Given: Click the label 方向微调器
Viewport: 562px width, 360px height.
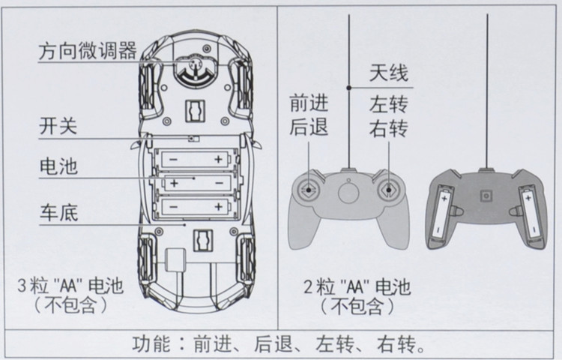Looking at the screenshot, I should pyautogui.click(x=88, y=52).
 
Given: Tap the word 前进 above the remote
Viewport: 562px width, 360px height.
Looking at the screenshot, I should pyautogui.click(x=309, y=103).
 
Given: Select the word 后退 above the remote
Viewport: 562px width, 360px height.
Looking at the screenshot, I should pyautogui.click(x=309, y=127).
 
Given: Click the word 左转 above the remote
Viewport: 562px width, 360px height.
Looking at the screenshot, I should pyautogui.click(x=387, y=103).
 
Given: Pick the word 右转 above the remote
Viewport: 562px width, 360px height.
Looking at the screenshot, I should pyautogui.click(x=387, y=128).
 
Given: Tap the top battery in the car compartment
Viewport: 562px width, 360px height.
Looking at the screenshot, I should pyautogui.click(x=194, y=159).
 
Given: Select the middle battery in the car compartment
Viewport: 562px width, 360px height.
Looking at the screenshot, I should pyautogui.click(x=194, y=182).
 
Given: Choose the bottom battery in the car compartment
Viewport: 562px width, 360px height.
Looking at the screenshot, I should pyautogui.click(x=194, y=205).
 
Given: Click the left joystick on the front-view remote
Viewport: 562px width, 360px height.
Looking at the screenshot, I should pyautogui.click(x=308, y=190).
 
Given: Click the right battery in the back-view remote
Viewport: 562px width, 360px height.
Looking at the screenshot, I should pyautogui.click(x=531, y=214).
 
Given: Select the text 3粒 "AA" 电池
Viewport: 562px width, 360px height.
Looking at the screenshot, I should pyautogui.click(x=70, y=287).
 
